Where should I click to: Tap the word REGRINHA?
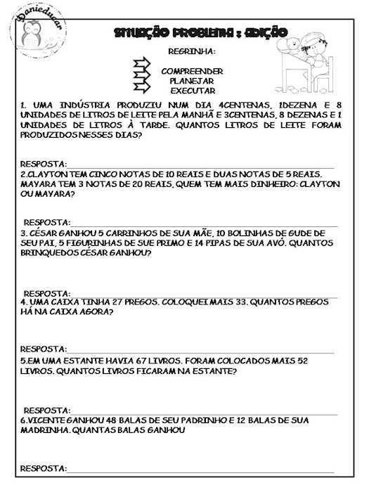click(192, 52)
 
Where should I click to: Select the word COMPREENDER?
click(192, 71)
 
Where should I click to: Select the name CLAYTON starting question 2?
click(46, 174)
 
